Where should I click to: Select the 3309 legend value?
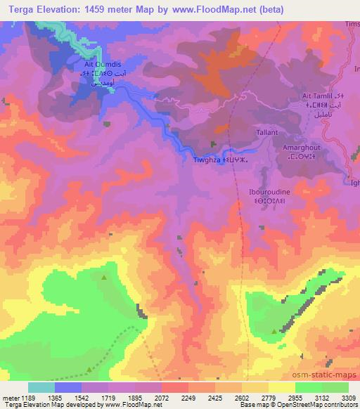click(x=348, y=397)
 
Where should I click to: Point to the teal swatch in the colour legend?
click(x=41, y=387)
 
